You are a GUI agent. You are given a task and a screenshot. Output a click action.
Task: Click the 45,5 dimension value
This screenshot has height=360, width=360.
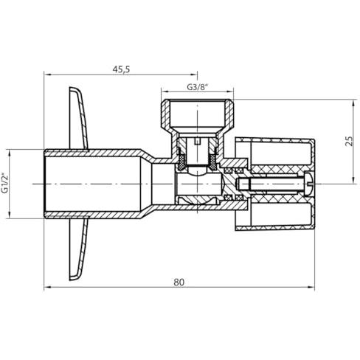[121, 69]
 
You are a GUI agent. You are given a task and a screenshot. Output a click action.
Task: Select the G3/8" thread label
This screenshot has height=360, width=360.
[198, 87]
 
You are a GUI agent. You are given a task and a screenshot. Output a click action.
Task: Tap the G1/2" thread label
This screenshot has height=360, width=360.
[5, 184]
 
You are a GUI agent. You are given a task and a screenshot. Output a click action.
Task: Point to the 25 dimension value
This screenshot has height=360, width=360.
[349, 141]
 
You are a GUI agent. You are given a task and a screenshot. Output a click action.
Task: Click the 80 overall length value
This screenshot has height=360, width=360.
[179, 282]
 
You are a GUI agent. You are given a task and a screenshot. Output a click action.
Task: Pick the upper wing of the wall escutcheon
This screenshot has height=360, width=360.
[79, 118]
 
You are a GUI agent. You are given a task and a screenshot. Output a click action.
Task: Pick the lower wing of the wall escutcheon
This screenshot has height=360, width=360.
[79, 249]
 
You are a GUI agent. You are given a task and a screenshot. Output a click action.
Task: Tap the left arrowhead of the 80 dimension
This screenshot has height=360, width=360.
[47, 287]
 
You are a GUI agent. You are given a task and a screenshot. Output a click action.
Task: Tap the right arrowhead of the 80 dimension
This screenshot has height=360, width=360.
[311, 287]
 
